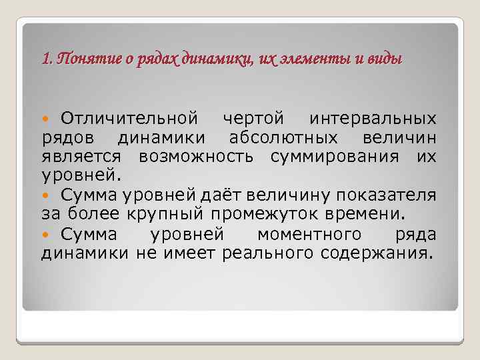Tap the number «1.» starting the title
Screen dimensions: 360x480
click(x=47, y=59)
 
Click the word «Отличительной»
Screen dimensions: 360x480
click(x=129, y=119)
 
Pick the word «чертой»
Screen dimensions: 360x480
click(x=256, y=119)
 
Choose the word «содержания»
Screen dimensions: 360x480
click(x=377, y=253)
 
